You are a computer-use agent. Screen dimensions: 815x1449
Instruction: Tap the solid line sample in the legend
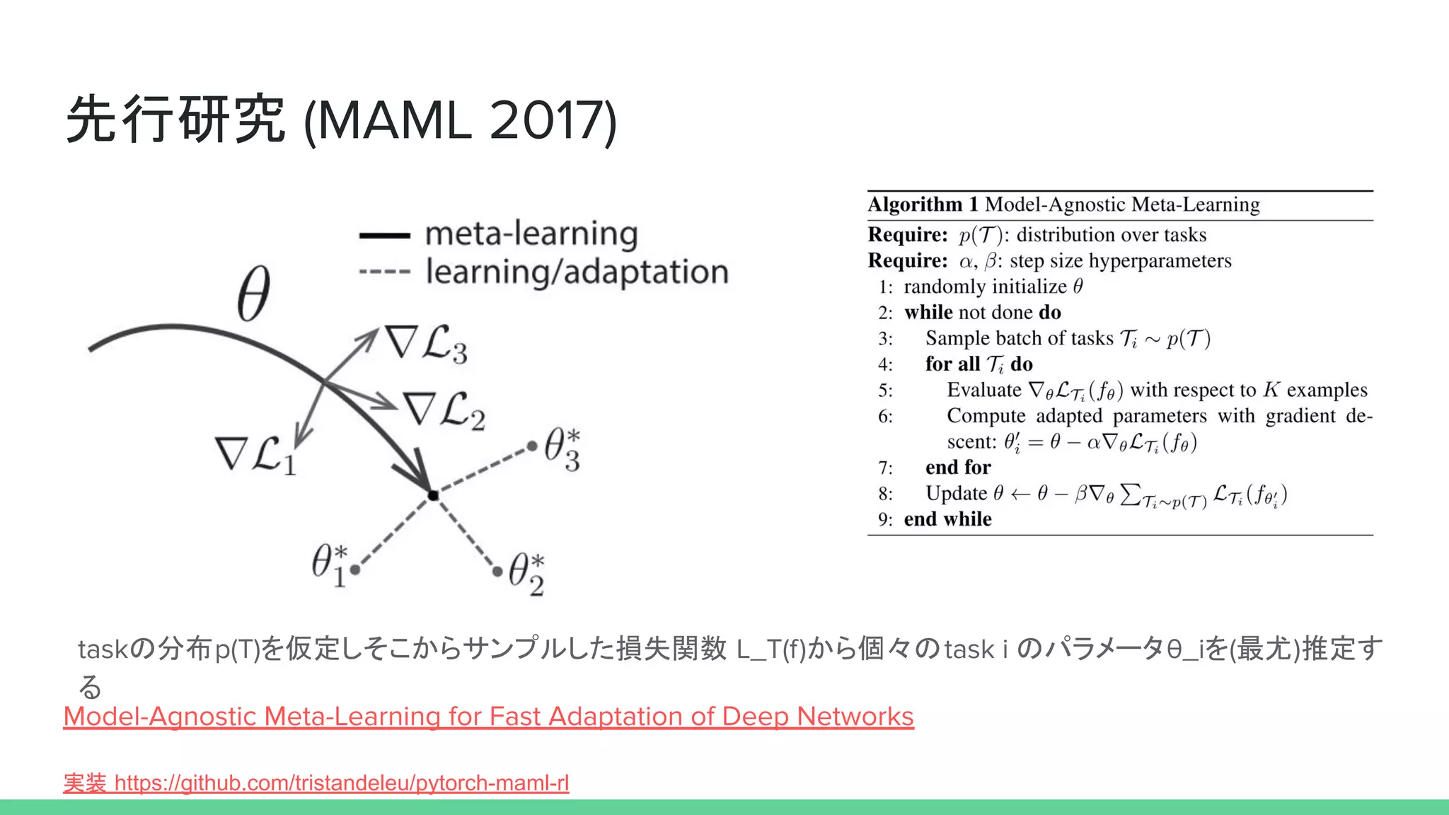click(x=384, y=236)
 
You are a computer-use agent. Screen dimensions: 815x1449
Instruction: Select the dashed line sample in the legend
click(x=384, y=272)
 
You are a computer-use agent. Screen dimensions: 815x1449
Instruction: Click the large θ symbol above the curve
click(x=253, y=294)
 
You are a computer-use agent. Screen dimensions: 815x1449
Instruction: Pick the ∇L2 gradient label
click(x=444, y=410)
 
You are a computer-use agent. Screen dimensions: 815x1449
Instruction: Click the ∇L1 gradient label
click(x=255, y=454)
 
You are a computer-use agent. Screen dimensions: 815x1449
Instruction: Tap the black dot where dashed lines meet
click(x=433, y=495)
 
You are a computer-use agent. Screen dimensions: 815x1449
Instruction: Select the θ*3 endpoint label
click(x=562, y=449)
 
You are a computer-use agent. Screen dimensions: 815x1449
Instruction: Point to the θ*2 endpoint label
click(x=526, y=574)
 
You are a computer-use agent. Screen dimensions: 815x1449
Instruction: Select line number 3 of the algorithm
click(x=885, y=339)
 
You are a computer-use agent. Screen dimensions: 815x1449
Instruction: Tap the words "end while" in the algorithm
click(x=947, y=519)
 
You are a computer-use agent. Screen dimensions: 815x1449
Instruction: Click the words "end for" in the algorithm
click(x=958, y=468)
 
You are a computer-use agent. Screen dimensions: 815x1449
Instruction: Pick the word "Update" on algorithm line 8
click(x=956, y=493)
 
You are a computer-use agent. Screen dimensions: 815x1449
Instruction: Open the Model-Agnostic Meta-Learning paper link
click(x=488, y=717)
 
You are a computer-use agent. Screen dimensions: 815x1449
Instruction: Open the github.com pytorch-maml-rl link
click(x=342, y=783)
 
